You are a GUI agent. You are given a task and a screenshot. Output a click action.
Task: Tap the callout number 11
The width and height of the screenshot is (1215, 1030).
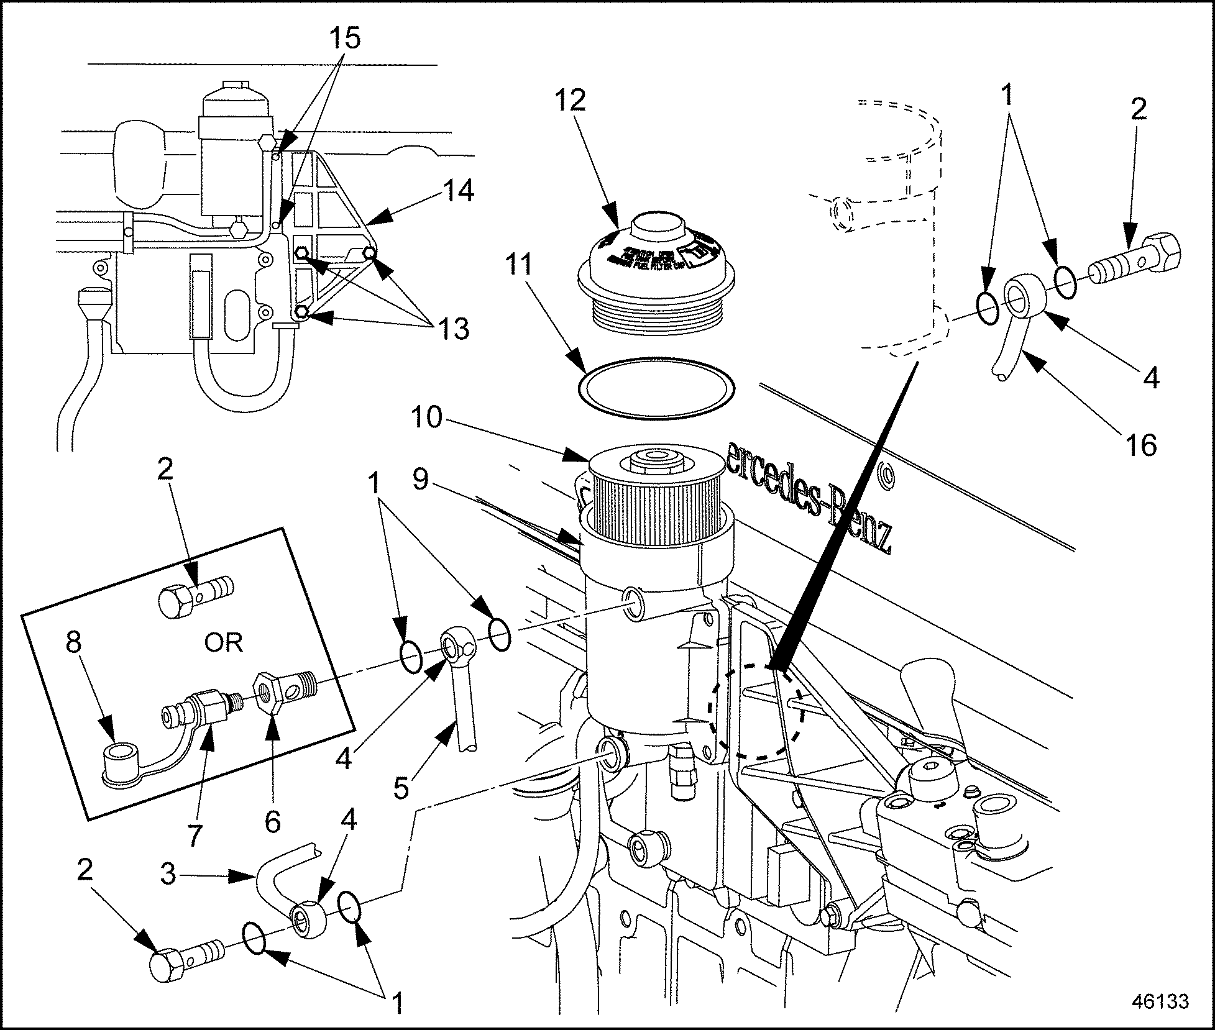pyautogui.click(x=518, y=265)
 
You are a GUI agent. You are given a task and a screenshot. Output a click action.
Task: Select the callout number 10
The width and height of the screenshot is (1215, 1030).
pyautogui.click(x=428, y=417)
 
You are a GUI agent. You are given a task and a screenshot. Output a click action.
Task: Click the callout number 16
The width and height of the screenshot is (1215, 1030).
pyautogui.click(x=1140, y=445)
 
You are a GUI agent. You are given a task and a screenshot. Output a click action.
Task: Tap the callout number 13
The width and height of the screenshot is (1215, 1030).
pyautogui.click(x=453, y=328)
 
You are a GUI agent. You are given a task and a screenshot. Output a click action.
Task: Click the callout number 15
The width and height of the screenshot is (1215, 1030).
pyautogui.click(x=346, y=39)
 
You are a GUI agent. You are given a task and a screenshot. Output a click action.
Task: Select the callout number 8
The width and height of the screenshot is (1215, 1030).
pyautogui.click(x=73, y=644)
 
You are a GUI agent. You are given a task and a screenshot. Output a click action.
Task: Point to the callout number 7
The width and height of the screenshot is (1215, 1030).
pyautogui.click(x=195, y=836)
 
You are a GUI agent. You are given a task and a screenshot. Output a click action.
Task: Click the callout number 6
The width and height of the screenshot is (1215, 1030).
pyautogui.click(x=272, y=821)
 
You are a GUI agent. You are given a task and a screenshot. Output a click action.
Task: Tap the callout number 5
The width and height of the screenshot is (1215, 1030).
pyautogui.click(x=401, y=788)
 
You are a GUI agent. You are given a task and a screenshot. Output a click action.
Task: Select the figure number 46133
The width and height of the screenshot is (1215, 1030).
pyautogui.click(x=1160, y=1002)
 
